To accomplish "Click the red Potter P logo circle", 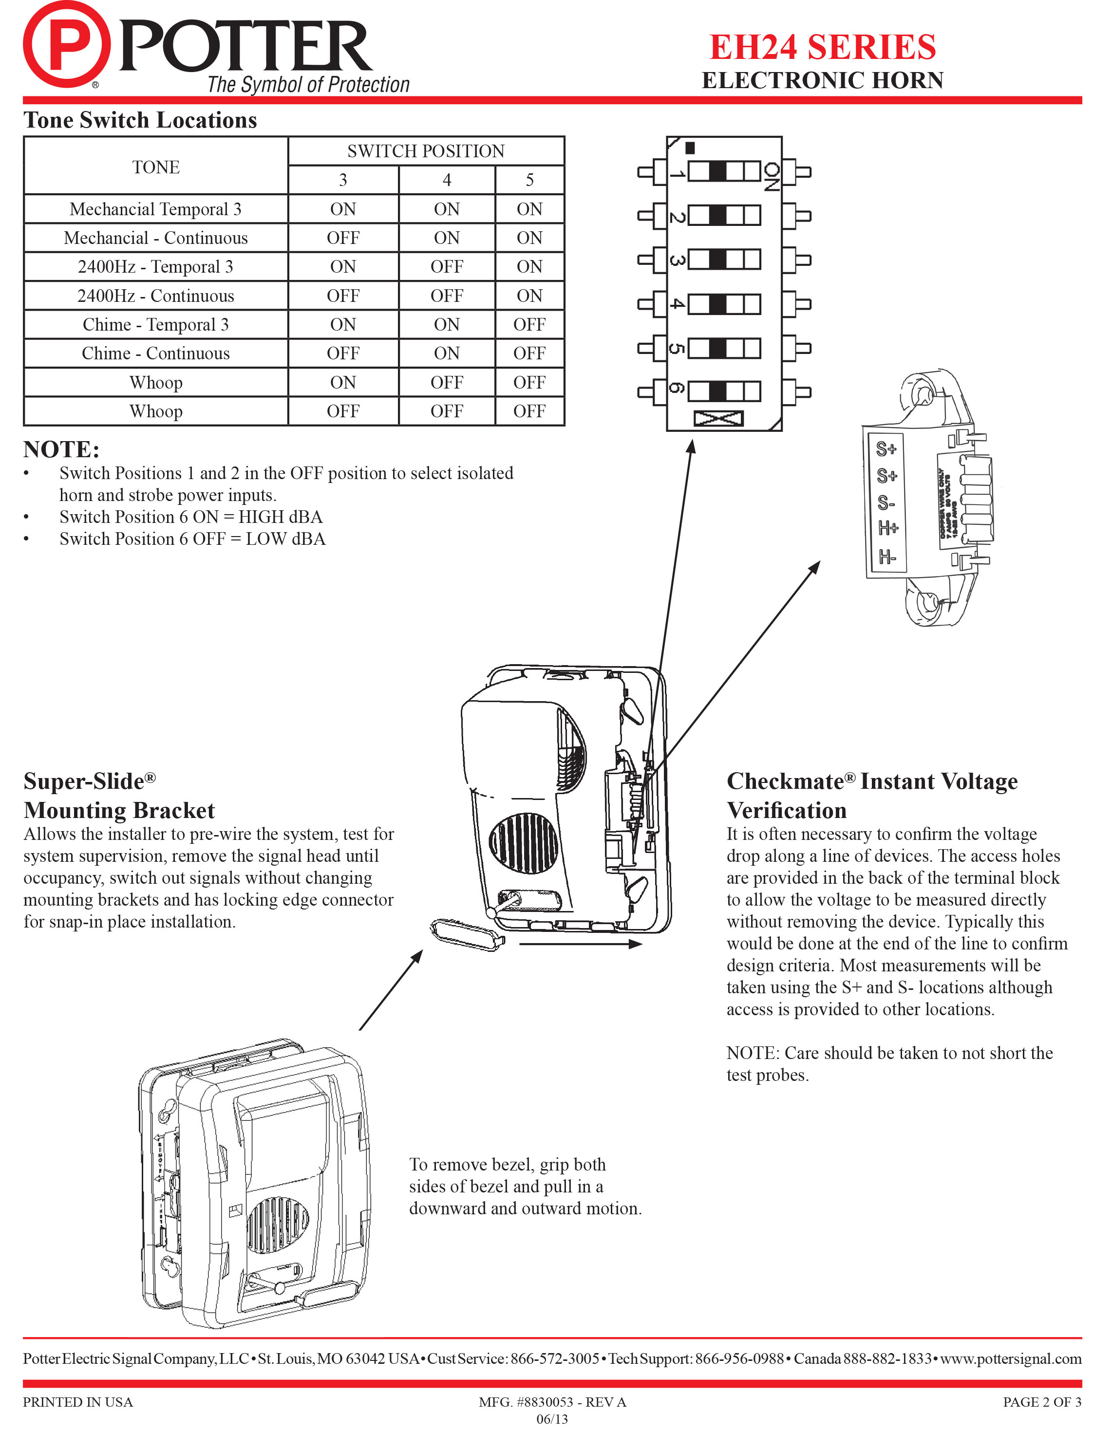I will point(66,45).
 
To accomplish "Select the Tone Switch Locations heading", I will point(140,121).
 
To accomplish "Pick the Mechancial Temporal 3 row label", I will point(155,209).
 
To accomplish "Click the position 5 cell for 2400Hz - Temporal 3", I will point(529,267).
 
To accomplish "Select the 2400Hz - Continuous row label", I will point(155,296).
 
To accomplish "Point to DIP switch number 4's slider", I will point(718,304).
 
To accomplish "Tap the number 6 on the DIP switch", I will point(676,389).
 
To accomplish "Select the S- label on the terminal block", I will point(886,502).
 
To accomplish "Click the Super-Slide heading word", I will point(84,781).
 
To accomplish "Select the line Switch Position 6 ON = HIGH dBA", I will point(190,517).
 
